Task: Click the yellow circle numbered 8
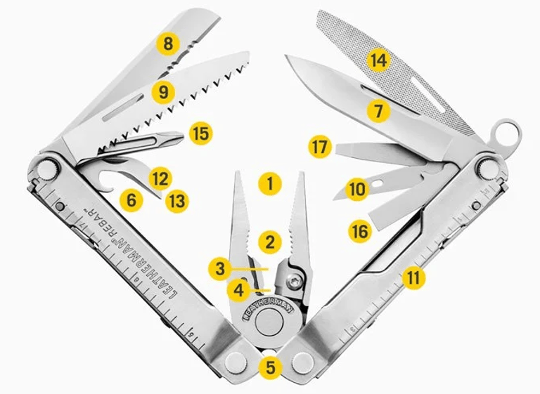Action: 168,44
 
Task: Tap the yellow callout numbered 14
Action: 378,61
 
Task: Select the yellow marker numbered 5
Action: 271,367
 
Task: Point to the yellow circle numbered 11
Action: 413,277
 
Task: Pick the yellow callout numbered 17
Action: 320,147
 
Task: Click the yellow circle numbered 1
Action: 270,183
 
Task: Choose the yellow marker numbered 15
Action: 201,133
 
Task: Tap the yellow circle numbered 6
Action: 131,200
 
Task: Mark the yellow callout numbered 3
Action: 220,268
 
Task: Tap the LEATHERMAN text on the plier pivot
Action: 269,308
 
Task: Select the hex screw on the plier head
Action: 294,282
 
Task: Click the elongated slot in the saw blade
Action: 123,107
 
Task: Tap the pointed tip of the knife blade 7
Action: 285,56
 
